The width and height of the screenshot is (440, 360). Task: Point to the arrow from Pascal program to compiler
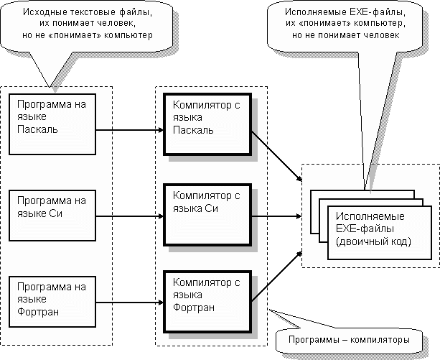tap(130, 130)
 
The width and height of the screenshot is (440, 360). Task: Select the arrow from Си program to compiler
tap(130, 215)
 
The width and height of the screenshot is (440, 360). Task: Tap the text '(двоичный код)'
tap(369, 242)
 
